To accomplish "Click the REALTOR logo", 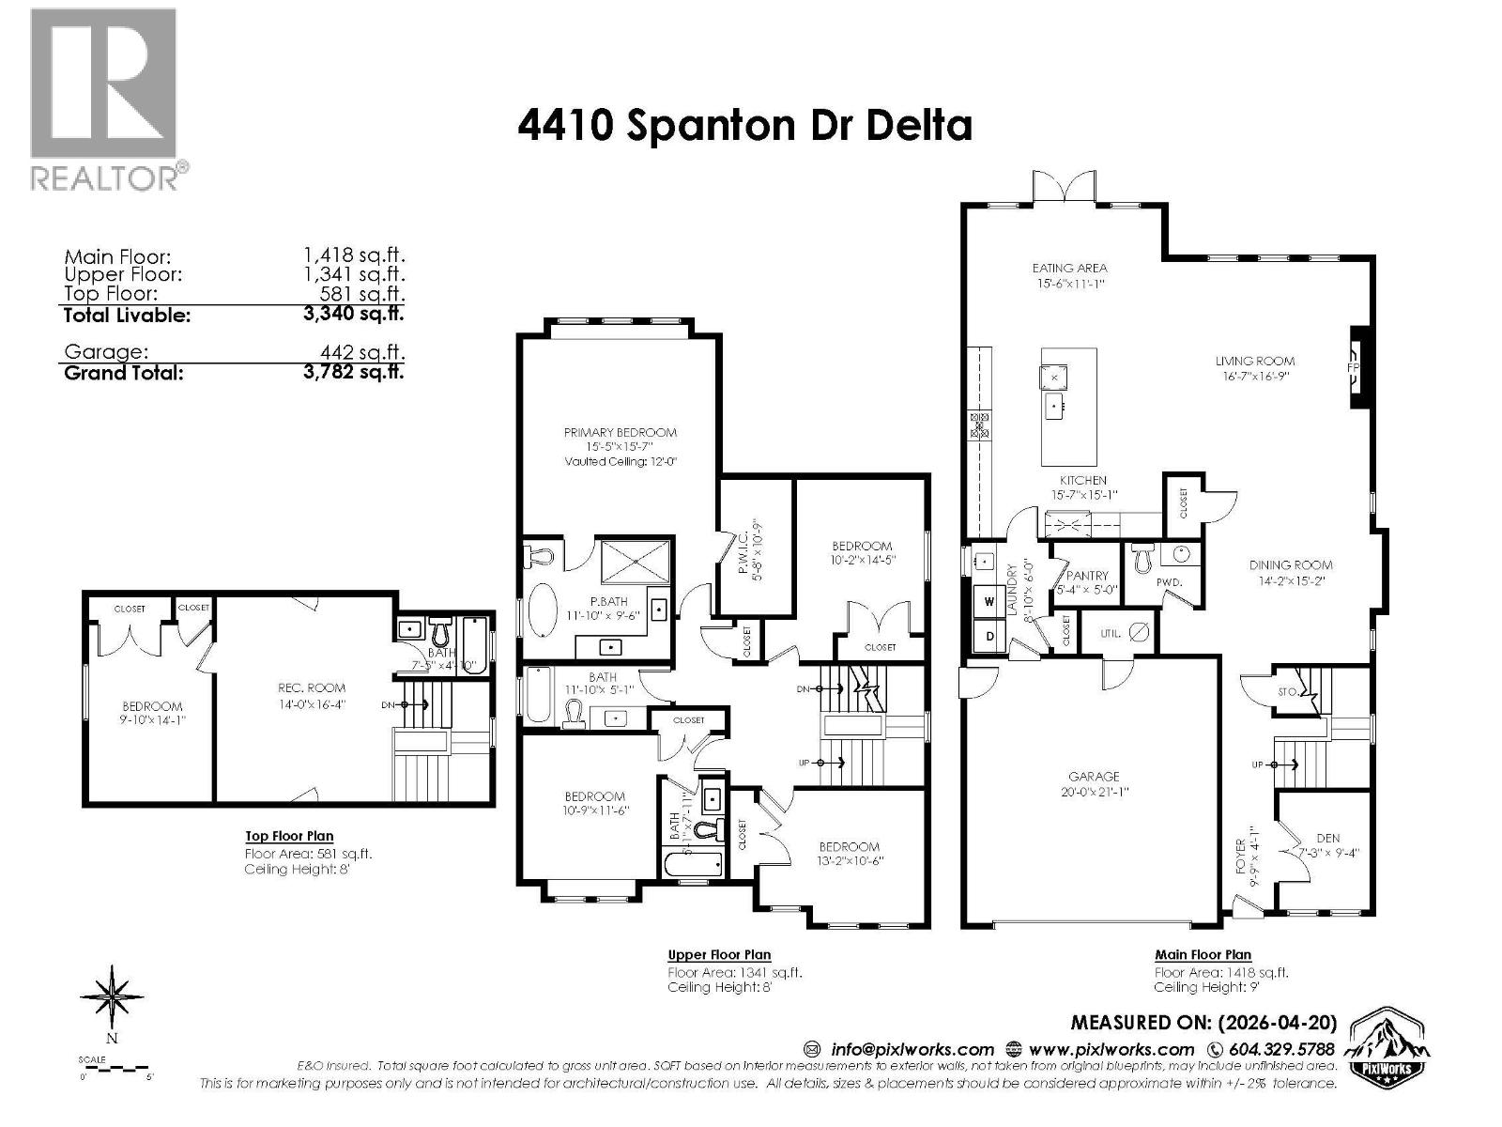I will [104, 99].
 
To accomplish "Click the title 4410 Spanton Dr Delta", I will [744, 126].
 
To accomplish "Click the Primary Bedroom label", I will [620, 433].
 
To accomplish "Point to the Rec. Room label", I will [312, 688].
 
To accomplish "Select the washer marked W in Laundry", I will [989, 601].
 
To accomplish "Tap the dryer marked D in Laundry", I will [989, 636].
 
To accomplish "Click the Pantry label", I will [1087, 576].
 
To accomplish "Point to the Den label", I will [1327, 839].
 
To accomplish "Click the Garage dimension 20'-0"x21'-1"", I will [1094, 792].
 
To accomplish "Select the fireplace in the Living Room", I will [1356, 367].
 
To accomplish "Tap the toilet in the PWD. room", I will [1142, 560].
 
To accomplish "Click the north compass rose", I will [113, 998].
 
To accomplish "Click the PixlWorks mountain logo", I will [1387, 1047].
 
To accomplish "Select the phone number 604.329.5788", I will [1281, 1049].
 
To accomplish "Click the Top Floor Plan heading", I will [289, 836].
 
